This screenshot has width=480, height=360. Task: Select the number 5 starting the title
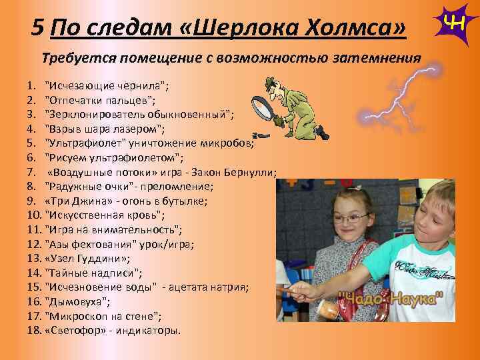[x=38, y=28]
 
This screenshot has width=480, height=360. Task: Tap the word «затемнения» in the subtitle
[x=374, y=58]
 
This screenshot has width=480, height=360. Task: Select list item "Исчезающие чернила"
[x=106, y=86]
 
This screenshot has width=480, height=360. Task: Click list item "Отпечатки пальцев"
[x=100, y=100]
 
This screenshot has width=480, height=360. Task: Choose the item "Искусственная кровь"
[x=104, y=215]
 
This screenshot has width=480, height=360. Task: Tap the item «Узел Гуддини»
[x=87, y=258]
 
